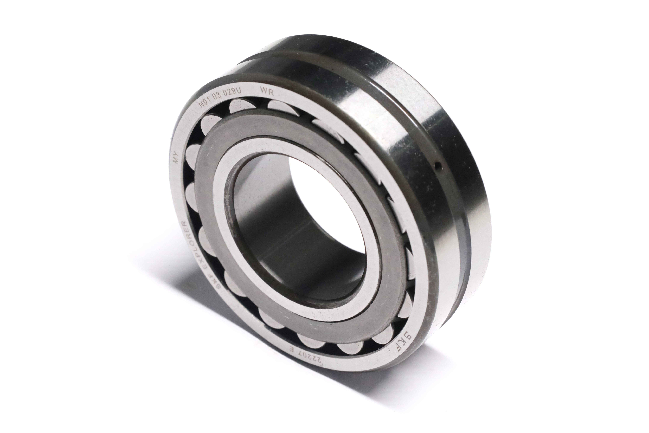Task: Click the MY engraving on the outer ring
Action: (176, 158)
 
